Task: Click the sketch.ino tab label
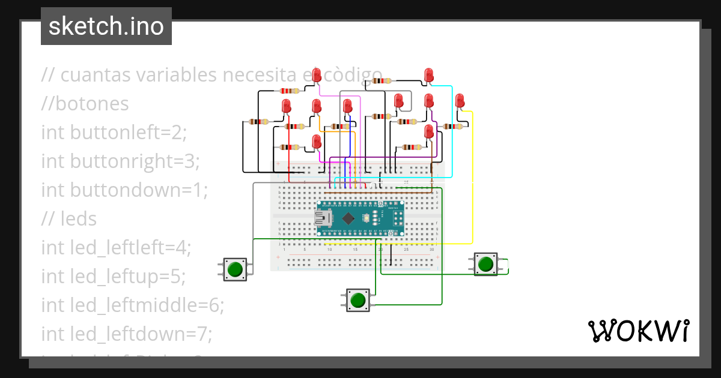106,26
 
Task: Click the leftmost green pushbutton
234,269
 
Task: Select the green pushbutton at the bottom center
358,299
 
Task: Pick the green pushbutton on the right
485,264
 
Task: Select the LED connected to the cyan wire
429,74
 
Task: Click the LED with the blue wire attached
347,106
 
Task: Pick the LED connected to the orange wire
317,106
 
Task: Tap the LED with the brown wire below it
429,131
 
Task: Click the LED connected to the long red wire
286,107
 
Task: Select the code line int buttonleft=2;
114,132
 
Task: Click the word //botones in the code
85,104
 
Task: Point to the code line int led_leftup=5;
113,277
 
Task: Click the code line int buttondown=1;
124,190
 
